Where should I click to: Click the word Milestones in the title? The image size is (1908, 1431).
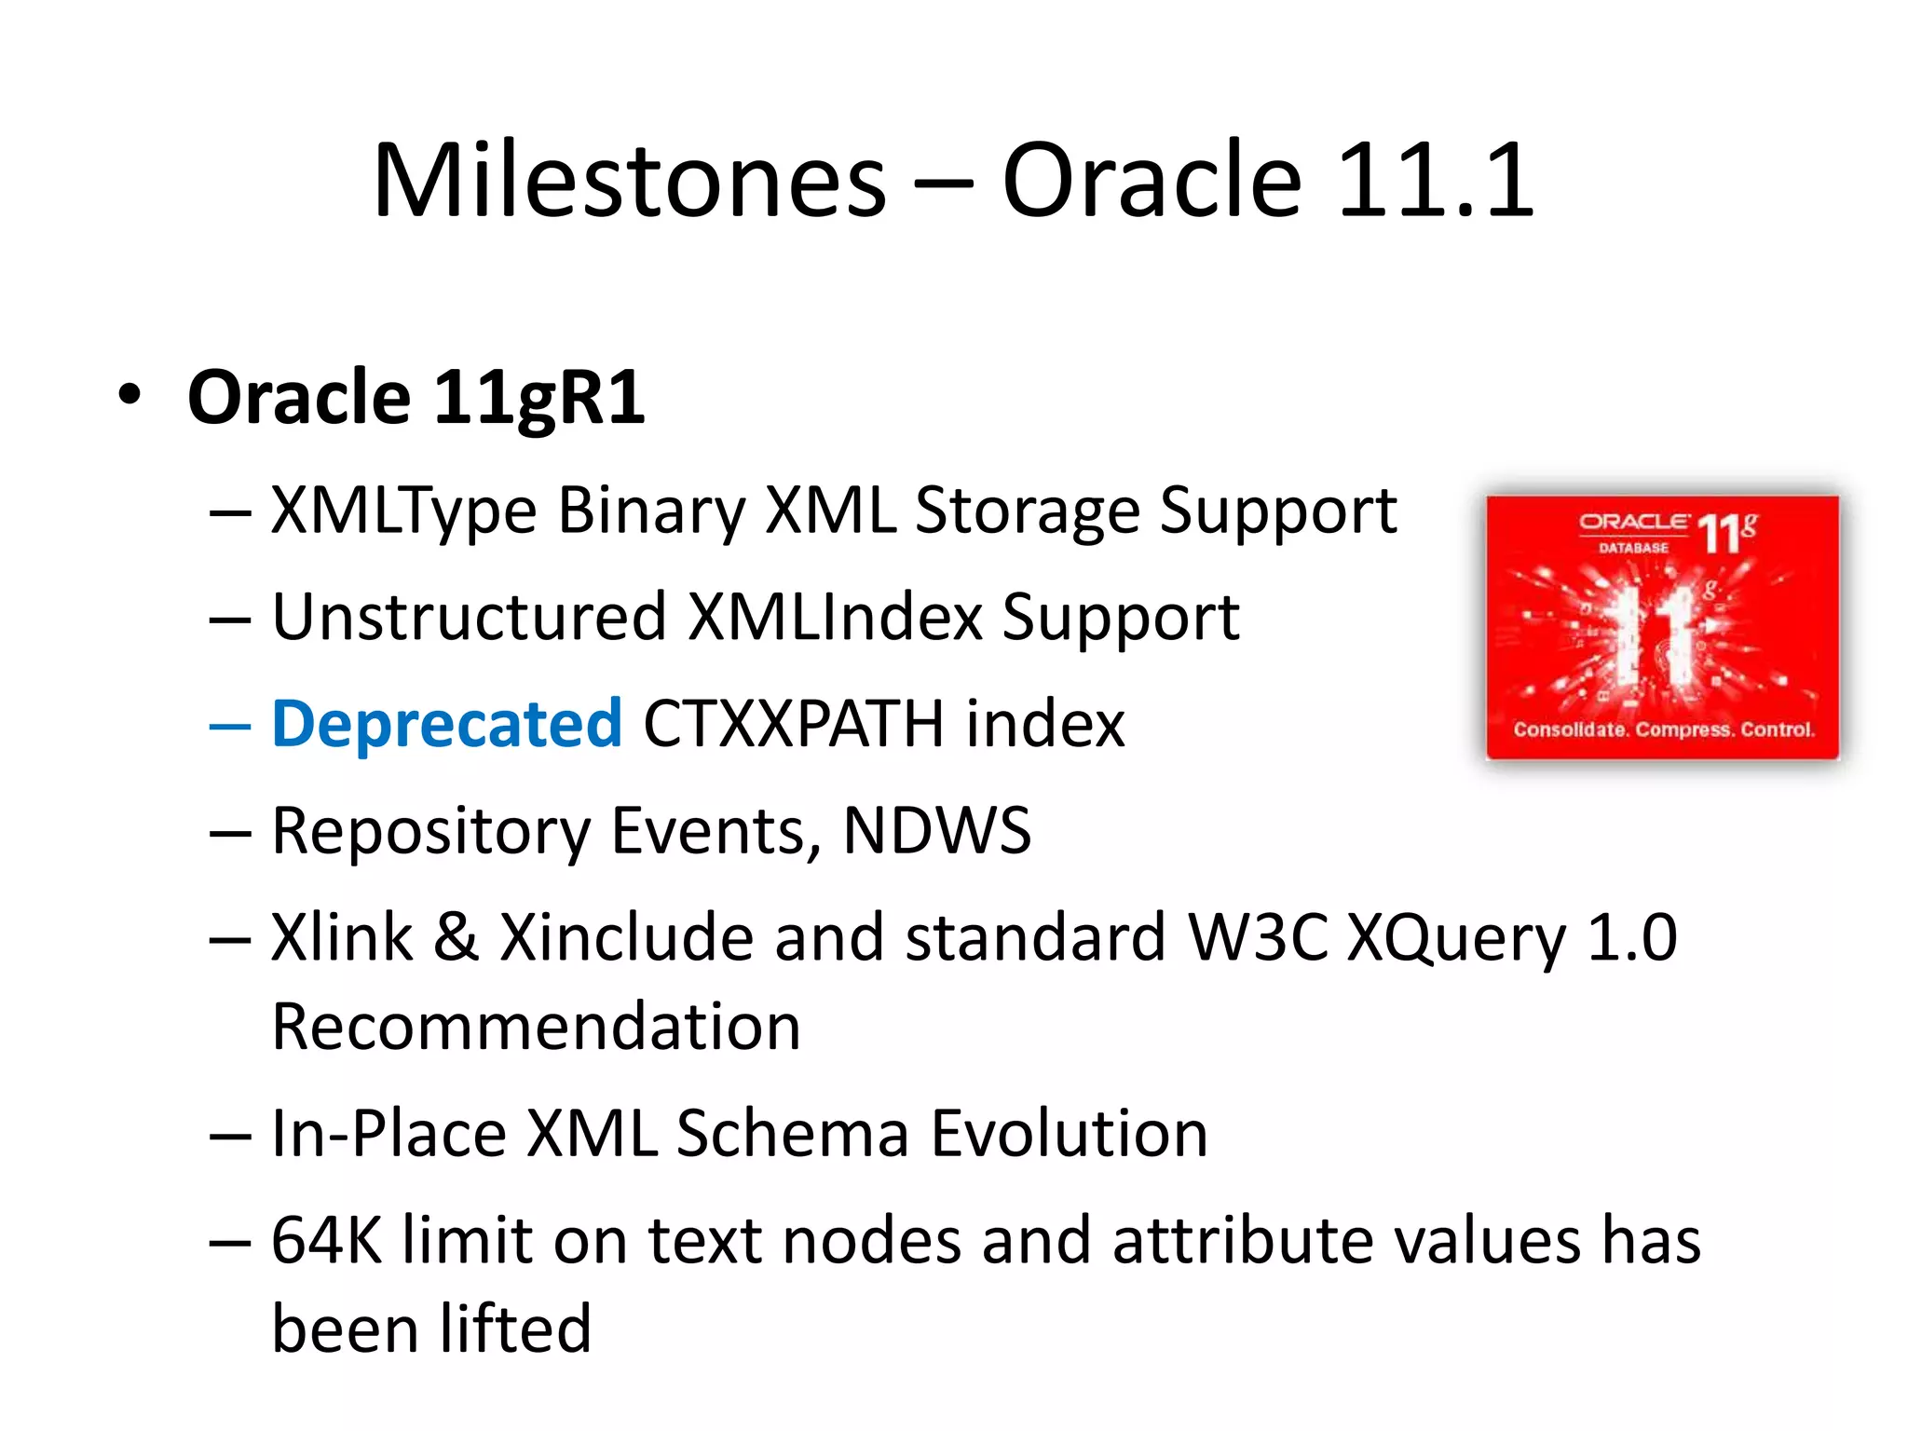coord(630,180)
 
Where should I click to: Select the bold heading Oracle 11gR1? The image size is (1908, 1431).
coord(416,398)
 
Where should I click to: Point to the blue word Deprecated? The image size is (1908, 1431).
coord(446,724)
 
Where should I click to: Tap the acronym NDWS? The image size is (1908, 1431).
coord(936,830)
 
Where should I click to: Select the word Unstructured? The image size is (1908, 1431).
coord(469,618)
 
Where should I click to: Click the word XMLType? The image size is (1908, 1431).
coord(403,511)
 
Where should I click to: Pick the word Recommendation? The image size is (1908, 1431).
coord(536,1027)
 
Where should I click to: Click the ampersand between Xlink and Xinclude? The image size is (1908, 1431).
coord(456,937)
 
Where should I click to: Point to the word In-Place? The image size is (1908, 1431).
coord(388,1134)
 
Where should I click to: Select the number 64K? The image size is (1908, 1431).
coord(326,1241)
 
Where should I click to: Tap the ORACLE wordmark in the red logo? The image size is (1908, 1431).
coord(1632,522)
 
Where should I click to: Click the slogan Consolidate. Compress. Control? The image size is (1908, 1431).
coord(1664,729)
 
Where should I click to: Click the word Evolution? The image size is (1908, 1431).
coord(1069,1134)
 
